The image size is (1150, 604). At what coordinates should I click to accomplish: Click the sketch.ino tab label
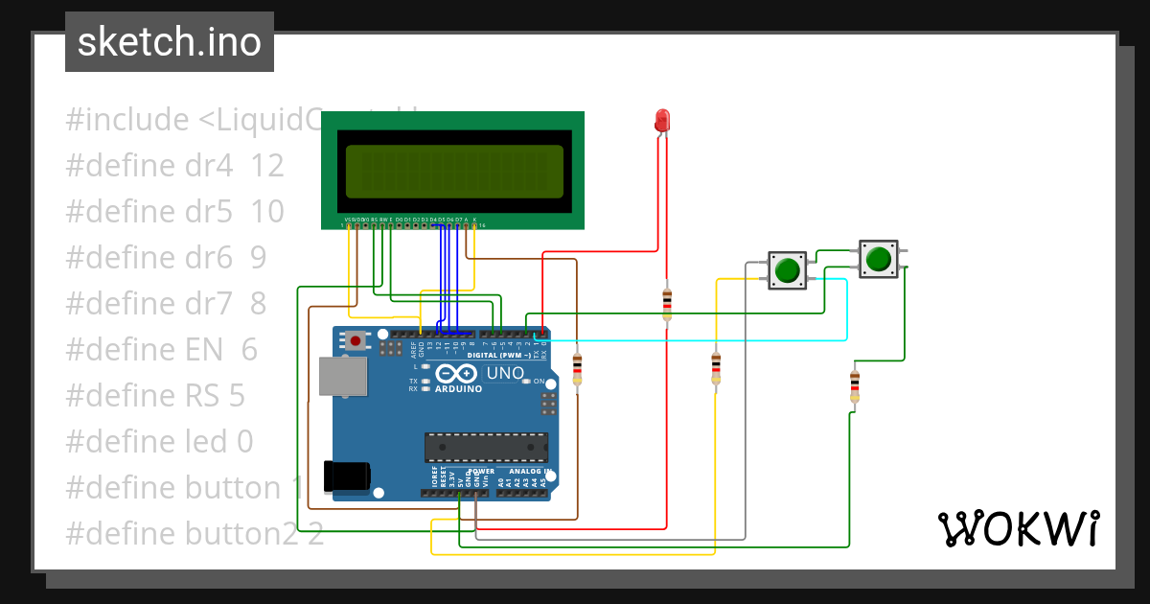coord(169,42)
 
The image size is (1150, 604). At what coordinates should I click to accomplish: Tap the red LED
coord(662,120)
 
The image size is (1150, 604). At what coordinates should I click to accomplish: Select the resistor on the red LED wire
coord(667,303)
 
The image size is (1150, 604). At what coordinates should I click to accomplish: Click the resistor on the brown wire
coord(577,368)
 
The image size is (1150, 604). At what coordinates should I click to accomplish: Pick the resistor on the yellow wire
coord(716,367)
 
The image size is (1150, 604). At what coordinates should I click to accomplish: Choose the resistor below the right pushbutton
coord(854,385)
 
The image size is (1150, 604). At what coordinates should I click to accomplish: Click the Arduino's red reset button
coord(356,340)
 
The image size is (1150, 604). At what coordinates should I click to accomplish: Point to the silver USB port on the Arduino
coord(342,376)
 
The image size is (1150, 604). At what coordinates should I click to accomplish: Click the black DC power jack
coord(346,476)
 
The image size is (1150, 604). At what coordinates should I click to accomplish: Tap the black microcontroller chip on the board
coord(487,448)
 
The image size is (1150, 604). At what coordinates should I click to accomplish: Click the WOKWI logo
coord(1018,528)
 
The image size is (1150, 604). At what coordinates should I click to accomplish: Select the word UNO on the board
coord(505,373)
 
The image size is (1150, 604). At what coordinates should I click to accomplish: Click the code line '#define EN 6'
coord(161,350)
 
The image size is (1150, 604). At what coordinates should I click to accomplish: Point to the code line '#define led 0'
coord(159,442)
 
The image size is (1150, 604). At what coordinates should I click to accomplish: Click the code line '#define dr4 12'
coord(174,166)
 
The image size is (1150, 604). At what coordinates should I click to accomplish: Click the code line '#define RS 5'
coord(155,396)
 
